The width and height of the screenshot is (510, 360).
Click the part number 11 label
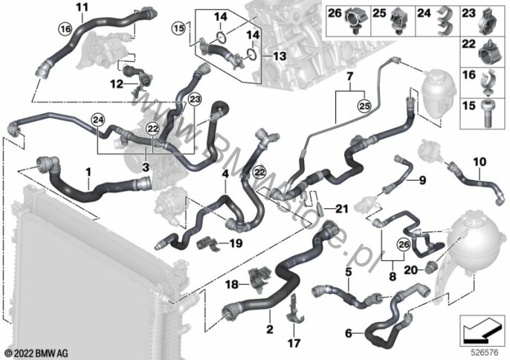click(82, 7)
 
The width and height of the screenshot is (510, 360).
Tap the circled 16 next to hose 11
click(65, 29)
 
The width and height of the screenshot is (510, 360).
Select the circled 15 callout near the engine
click(178, 28)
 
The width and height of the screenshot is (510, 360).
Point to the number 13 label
click(279, 56)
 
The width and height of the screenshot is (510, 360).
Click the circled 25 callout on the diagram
click(364, 106)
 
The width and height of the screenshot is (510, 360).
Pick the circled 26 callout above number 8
click(403, 245)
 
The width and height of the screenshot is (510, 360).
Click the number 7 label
click(349, 77)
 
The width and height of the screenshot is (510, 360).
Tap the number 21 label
click(341, 209)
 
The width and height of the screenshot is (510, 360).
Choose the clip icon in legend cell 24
click(445, 20)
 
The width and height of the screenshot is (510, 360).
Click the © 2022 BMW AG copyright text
click(36, 353)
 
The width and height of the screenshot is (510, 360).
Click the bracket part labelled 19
click(208, 244)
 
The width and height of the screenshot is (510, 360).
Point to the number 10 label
click(480, 161)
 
